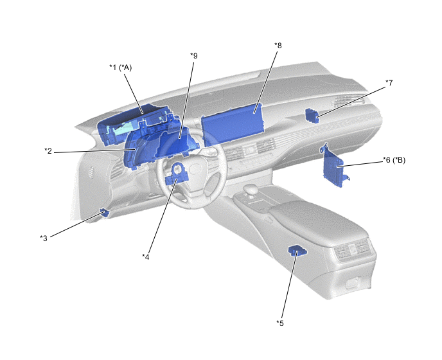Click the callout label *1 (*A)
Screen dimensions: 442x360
tap(121, 67)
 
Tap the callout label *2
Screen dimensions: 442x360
tap(48, 151)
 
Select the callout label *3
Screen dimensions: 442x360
tap(44, 238)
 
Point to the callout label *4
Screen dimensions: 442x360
tap(145, 256)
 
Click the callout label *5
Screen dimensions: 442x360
tap(280, 323)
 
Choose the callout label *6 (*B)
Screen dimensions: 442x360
tap(394, 160)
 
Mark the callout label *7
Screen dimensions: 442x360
tap(389, 83)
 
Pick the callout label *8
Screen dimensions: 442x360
tap(278, 46)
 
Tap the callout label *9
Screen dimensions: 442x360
tap(193, 55)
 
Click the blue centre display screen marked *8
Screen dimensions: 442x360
tap(233, 124)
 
